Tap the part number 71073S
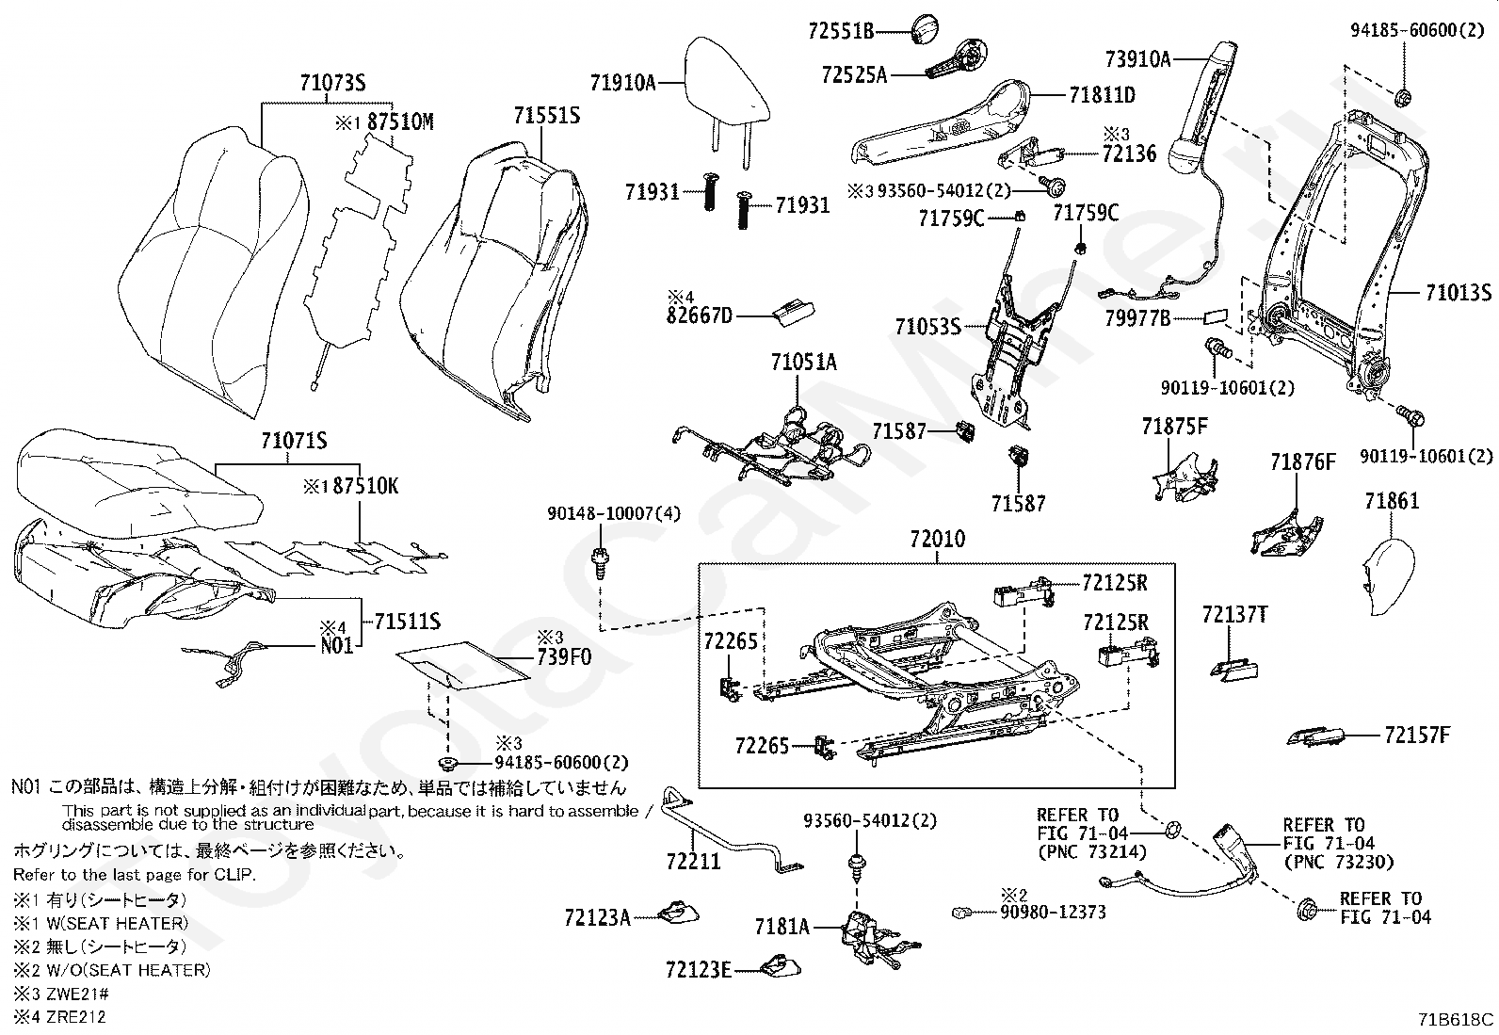click(332, 83)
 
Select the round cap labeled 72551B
click(925, 29)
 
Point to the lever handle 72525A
click(957, 59)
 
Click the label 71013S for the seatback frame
click(1459, 293)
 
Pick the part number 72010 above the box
click(938, 539)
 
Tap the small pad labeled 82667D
click(794, 313)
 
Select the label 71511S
click(407, 622)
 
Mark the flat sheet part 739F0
click(463, 666)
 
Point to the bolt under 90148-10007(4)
click(601, 561)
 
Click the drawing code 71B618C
click(1456, 1019)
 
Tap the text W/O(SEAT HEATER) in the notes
click(128, 969)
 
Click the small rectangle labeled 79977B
click(1216, 316)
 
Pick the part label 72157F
click(1417, 736)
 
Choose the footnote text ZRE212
click(76, 1017)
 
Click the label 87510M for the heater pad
click(400, 121)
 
